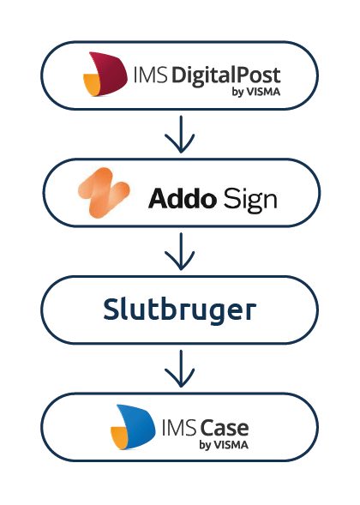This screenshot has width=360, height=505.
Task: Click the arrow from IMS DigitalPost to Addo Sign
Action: pyautogui.click(x=180, y=135)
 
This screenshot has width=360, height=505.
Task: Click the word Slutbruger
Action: pyautogui.click(x=180, y=310)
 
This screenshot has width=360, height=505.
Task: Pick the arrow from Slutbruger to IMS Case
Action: pyautogui.click(x=180, y=370)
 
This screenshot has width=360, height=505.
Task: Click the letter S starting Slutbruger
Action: pyautogui.click(x=111, y=310)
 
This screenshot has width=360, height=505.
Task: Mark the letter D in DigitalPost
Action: pyautogui.click(x=178, y=73)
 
